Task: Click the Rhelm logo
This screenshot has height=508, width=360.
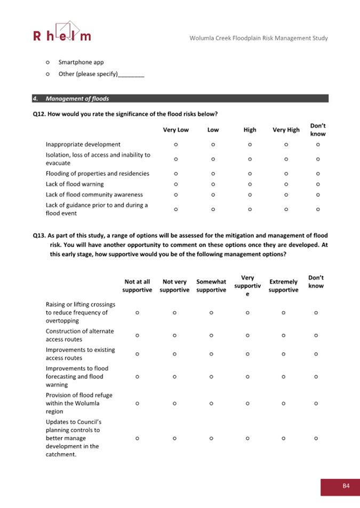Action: [x=62, y=32]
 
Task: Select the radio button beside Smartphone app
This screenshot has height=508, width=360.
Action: [x=48, y=62]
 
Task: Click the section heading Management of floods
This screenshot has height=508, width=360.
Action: [x=77, y=99]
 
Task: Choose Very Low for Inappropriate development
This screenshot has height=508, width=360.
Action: [x=175, y=144]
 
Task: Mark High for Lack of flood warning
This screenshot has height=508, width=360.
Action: [x=250, y=184]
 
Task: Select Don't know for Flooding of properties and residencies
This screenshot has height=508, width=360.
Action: [x=318, y=174]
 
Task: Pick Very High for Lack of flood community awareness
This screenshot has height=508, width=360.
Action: [x=286, y=195]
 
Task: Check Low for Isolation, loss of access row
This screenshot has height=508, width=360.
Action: [x=213, y=159]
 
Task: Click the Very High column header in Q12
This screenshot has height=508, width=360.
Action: [x=286, y=130]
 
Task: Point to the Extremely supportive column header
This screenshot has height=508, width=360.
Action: [x=283, y=286]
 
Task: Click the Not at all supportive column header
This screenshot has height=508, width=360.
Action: [x=137, y=286]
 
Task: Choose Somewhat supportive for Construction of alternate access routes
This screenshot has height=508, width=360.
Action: [x=211, y=335]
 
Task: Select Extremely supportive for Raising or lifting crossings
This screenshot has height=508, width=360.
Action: [x=283, y=313]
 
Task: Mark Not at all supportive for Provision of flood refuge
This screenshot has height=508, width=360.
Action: [x=137, y=404]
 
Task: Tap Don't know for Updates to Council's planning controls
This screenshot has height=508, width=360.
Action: [x=316, y=438]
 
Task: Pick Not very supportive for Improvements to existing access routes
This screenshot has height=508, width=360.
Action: [x=174, y=354]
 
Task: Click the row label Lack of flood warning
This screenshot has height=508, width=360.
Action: [x=75, y=184]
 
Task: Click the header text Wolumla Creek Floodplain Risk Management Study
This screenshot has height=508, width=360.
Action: [x=259, y=38]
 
